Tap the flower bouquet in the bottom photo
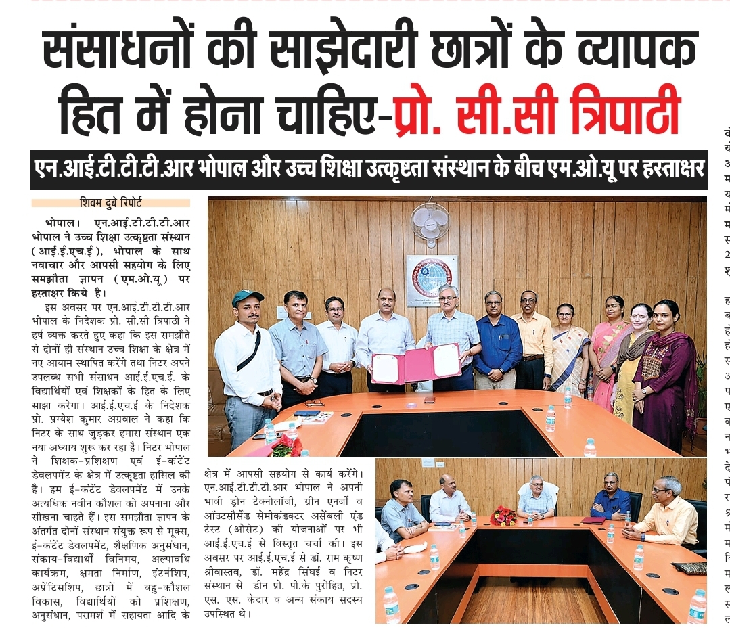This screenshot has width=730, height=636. point(503,516)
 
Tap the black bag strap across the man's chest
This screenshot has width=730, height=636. point(250,351)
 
